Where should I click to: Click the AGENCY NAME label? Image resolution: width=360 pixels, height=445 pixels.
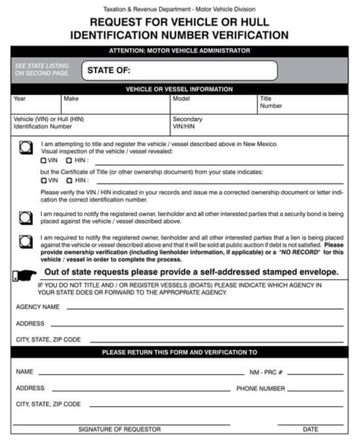click(38, 306)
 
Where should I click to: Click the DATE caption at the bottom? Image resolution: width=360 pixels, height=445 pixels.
click(310, 430)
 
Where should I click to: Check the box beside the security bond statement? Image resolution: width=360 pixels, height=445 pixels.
click(27, 214)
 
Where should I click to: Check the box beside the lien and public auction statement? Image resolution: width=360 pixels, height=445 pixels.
click(27, 240)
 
